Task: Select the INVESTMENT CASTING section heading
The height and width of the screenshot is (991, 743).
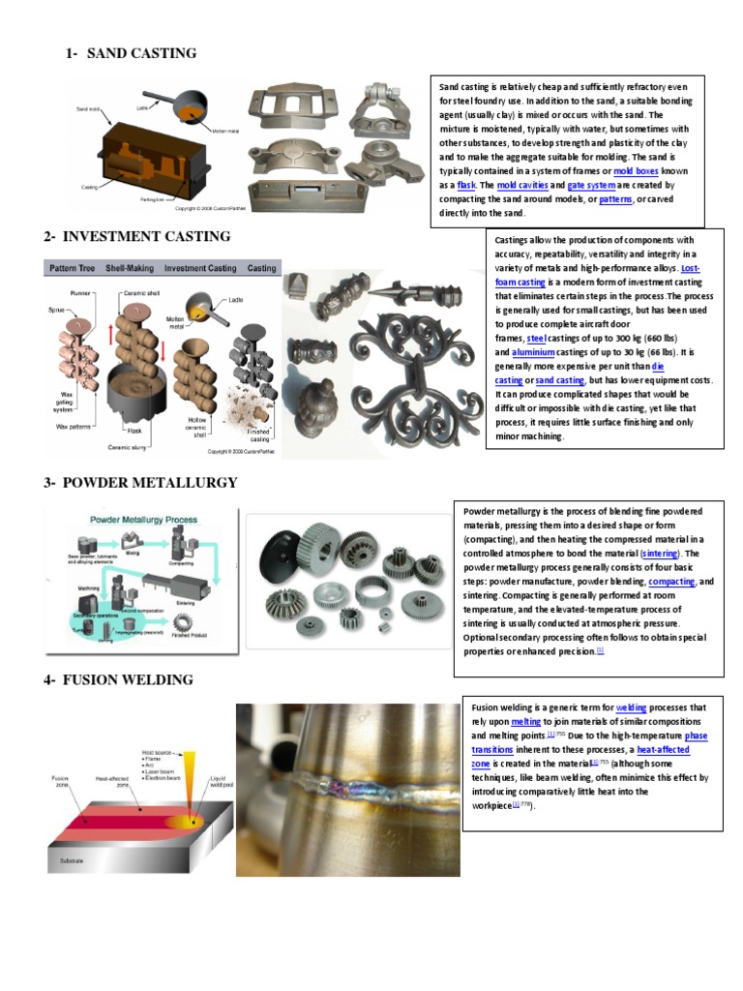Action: [146, 236]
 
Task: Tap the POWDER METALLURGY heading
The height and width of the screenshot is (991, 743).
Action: [150, 483]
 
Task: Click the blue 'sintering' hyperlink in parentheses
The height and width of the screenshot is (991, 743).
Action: [661, 553]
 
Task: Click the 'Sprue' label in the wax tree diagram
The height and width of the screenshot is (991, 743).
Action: [55, 310]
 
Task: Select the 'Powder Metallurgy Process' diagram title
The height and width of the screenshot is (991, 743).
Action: [137, 519]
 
